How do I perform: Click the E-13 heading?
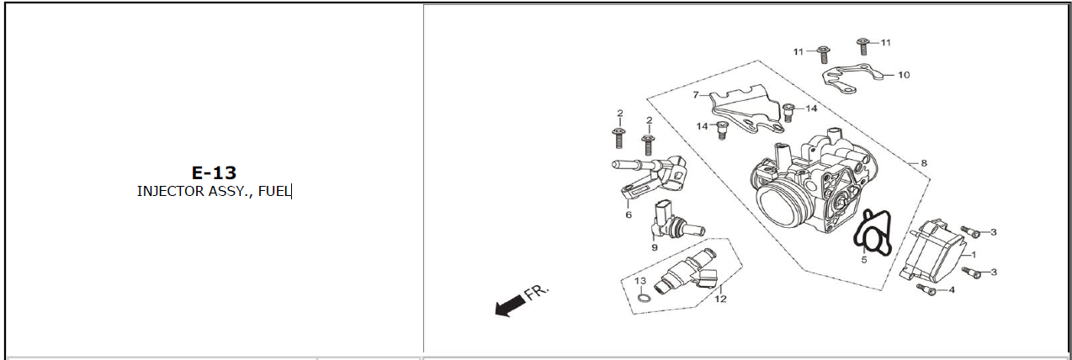coord(214,172)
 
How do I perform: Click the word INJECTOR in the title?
coord(170,191)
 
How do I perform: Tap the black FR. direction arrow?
coord(509,305)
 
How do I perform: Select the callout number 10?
coord(904,75)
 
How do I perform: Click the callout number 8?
coord(924,163)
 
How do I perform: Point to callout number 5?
coord(864,260)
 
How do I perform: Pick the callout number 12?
coord(721,299)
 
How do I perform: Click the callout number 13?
coord(640,281)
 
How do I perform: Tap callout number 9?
coord(654,247)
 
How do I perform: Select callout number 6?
coord(629,215)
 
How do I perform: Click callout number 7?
coord(696,95)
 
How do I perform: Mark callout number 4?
coord(952,289)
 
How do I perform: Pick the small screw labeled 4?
coord(926,289)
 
